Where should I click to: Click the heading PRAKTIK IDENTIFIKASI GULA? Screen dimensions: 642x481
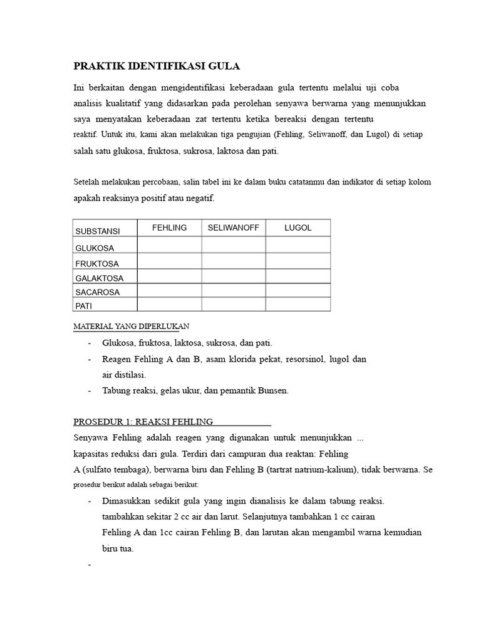157,66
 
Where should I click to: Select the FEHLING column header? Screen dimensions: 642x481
170,228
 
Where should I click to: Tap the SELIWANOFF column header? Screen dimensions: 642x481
233,228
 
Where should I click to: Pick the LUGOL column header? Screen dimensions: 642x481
297,228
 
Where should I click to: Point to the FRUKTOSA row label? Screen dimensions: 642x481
97,264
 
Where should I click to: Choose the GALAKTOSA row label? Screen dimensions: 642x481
100,278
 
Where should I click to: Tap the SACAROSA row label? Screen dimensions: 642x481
97,292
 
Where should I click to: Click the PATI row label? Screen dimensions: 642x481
84,306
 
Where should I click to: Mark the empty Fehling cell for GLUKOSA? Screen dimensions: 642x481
169,245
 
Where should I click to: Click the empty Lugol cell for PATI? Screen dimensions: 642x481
297,304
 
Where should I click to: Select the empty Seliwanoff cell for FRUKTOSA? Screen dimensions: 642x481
233,260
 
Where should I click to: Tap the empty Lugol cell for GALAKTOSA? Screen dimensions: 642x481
297,276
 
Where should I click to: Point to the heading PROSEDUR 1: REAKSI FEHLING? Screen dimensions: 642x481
143,421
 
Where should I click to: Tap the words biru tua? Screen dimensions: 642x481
118,547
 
